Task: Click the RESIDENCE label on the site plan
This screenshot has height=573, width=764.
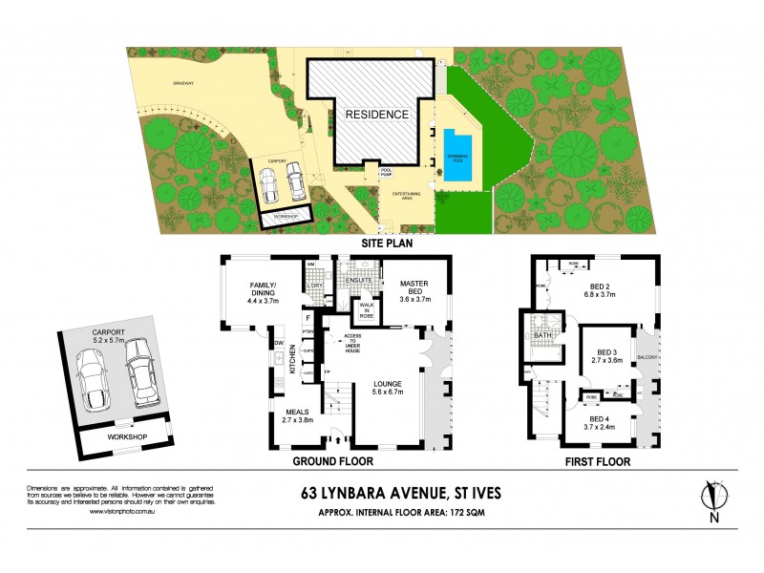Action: pyautogui.click(x=376, y=115)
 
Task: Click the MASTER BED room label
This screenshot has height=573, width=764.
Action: pyautogui.click(x=414, y=289)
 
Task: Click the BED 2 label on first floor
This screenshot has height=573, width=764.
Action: pyautogui.click(x=600, y=290)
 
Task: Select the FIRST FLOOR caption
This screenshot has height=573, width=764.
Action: pyautogui.click(x=595, y=461)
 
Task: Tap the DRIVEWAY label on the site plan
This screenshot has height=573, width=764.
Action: pyautogui.click(x=183, y=83)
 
